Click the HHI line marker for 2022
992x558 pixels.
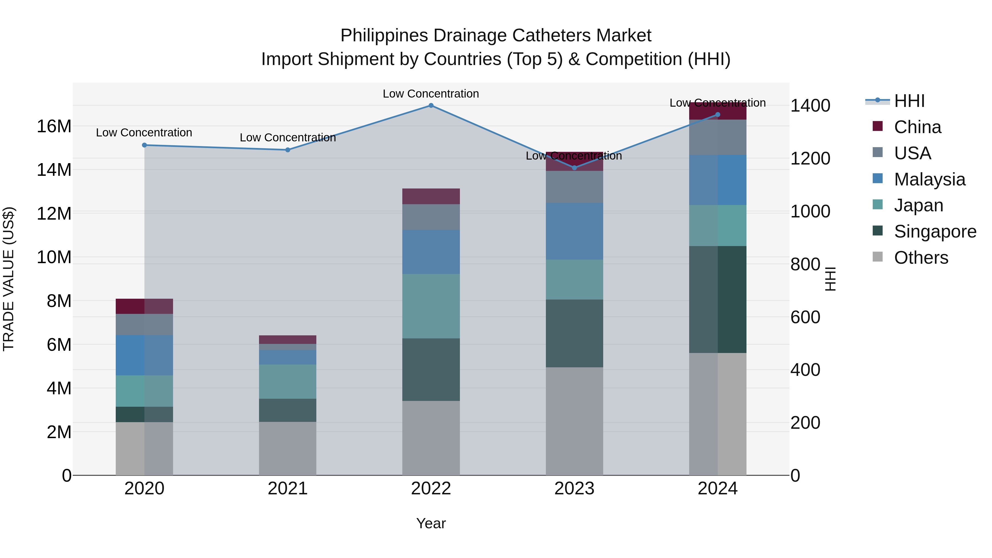point(431,106)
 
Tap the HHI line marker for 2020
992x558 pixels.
point(144,145)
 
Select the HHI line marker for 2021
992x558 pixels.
point(288,150)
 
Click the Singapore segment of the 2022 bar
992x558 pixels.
point(431,370)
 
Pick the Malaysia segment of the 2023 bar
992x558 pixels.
point(574,231)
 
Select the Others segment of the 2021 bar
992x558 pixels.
point(288,448)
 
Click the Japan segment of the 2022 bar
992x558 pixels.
point(431,306)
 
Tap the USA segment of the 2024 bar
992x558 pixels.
point(718,138)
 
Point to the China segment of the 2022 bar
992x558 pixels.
point(431,196)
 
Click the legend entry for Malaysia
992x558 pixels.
point(929,179)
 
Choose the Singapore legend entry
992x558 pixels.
point(935,231)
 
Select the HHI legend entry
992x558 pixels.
point(909,101)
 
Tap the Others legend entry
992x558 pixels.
point(921,258)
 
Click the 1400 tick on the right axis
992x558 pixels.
point(810,106)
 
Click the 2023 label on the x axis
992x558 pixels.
point(574,489)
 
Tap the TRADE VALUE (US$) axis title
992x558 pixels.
point(9,279)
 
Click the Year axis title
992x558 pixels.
point(431,523)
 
